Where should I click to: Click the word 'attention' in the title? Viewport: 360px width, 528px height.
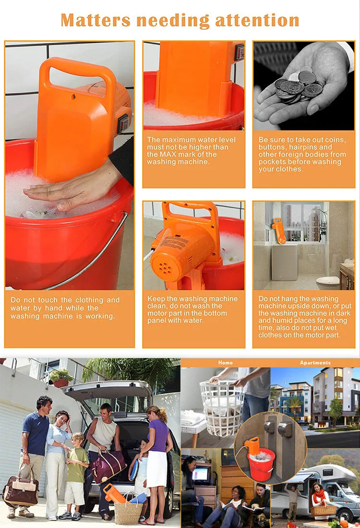tap(257, 20)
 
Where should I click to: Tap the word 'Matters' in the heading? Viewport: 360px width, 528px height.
tap(96, 20)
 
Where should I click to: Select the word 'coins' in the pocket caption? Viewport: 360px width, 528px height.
tap(335, 140)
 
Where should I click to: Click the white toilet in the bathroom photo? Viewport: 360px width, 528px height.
tap(328, 283)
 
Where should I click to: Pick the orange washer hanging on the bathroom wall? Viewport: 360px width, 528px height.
tap(279, 230)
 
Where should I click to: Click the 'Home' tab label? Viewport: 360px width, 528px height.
tap(225, 363)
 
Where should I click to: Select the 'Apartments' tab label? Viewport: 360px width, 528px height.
tap(315, 363)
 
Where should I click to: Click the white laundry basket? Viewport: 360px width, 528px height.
tap(222, 408)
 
